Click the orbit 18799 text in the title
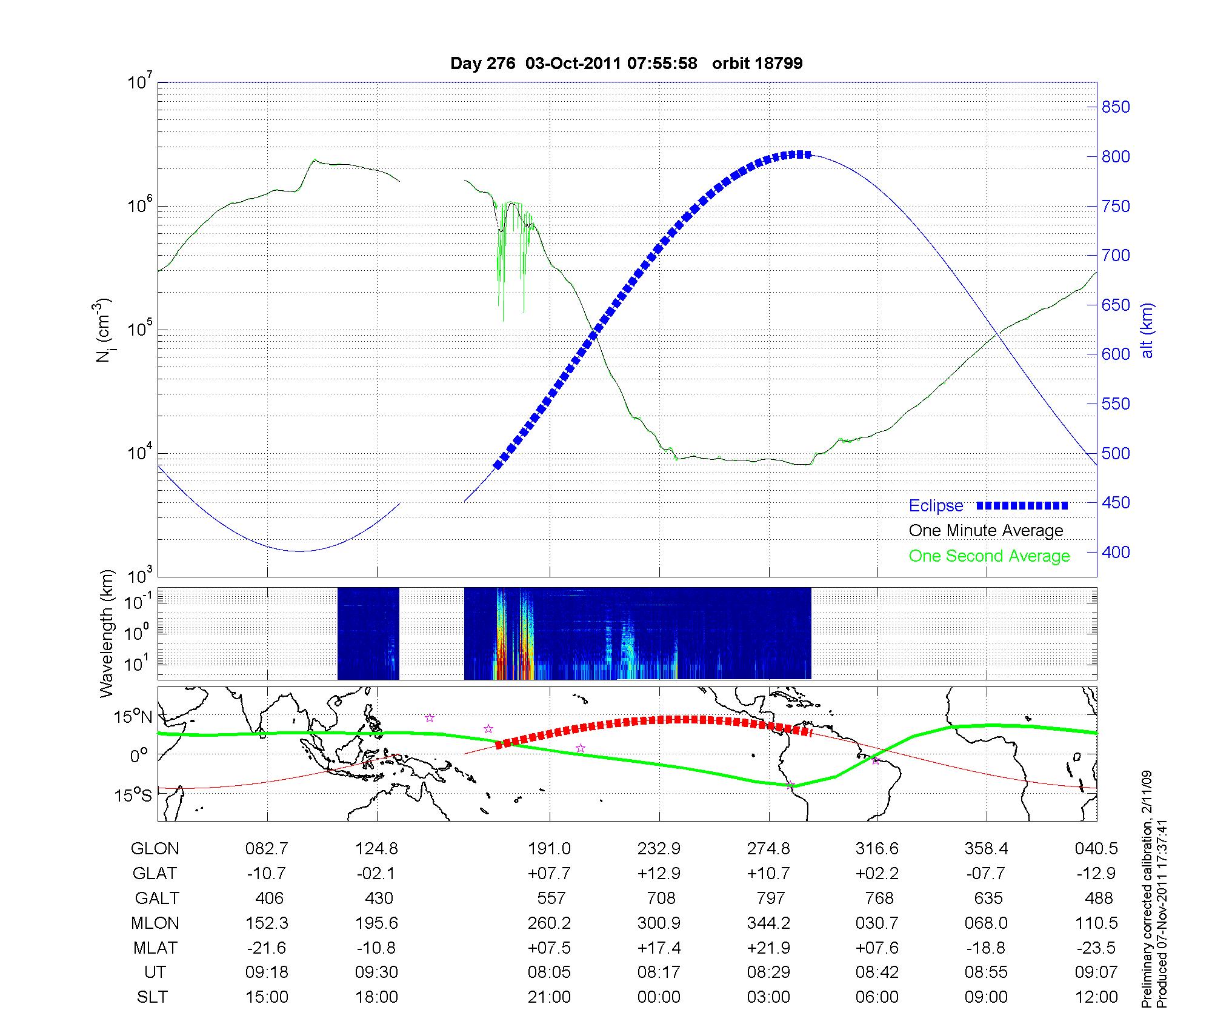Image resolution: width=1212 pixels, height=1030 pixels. [757, 64]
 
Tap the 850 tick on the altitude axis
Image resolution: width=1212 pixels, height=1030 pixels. [1116, 107]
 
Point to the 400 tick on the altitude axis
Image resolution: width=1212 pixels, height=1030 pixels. [1116, 552]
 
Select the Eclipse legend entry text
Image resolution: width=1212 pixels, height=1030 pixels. [936, 506]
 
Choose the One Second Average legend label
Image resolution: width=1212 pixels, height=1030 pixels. [989, 556]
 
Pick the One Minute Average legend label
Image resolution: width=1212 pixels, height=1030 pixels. [986, 531]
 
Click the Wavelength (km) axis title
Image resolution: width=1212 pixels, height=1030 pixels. [107, 633]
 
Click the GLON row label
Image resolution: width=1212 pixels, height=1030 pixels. [155, 849]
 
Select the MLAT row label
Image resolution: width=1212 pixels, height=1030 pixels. [155, 948]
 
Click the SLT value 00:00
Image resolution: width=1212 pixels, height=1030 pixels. [659, 997]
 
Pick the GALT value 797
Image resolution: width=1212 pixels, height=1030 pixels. [770, 898]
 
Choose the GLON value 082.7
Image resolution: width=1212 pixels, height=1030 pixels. [267, 849]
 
